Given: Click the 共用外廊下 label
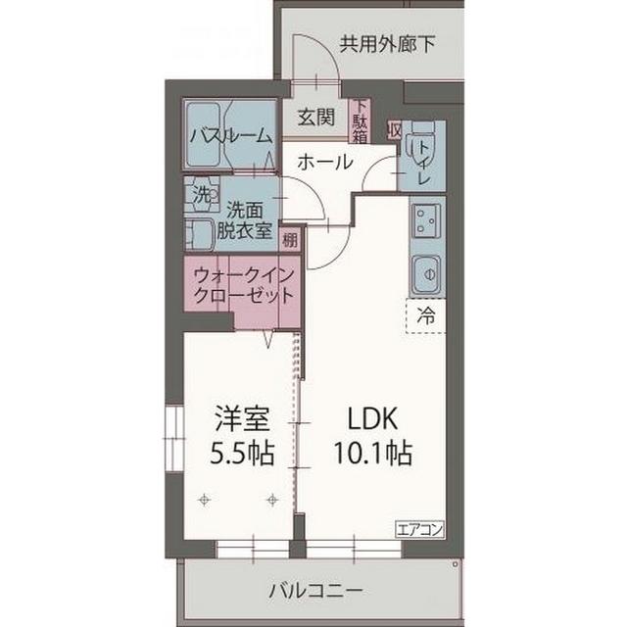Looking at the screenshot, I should coord(388,43).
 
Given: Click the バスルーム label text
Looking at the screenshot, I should coord(231,135).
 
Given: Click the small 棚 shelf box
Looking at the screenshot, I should coord(291,239).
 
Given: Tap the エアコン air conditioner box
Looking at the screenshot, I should coord(420,529).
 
